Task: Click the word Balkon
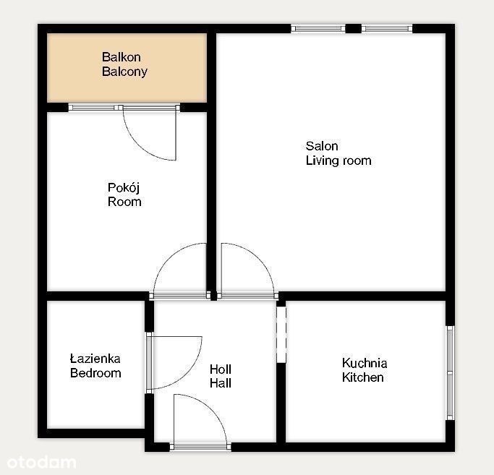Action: point(122,57)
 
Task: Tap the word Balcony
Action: point(124,72)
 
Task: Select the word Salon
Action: point(322,146)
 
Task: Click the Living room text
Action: point(338,161)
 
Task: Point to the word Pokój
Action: point(124,188)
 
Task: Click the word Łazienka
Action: point(95,359)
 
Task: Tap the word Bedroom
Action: point(95,373)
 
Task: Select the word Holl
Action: point(220,369)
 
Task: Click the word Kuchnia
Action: point(365,363)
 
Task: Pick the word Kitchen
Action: point(362,377)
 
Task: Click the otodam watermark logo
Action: point(41,463)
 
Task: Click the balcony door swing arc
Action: point(139,148)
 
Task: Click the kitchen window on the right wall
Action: point(451,372)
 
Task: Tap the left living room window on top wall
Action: point(318,29)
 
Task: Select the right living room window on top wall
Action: point(387,29)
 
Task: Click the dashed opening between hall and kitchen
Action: point(281,335)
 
